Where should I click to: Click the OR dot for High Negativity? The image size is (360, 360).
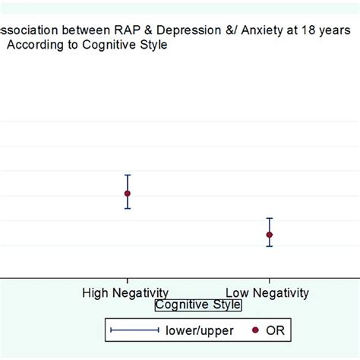[x=128, y=193]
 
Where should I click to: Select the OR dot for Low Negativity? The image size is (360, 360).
[x=269, y=235]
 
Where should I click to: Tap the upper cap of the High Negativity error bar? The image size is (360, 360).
[x=128, y=175]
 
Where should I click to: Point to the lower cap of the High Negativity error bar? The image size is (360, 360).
[x=128, y=208]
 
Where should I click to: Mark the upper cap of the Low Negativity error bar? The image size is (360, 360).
[x=269, y=218]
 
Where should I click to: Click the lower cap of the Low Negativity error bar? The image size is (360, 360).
[x=269, y=246]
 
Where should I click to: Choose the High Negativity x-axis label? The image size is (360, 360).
[x=125, y=292]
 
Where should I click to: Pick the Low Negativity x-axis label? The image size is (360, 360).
[x=268, y=292]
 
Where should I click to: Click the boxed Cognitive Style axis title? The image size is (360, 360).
[x=197, y=305]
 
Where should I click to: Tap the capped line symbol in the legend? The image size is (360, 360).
[x=134, y=330]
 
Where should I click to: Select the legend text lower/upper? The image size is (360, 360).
[x=199, y=330]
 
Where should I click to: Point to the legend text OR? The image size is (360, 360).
[x=275, y=330]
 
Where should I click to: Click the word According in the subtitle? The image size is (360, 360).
[x=34, y=45]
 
